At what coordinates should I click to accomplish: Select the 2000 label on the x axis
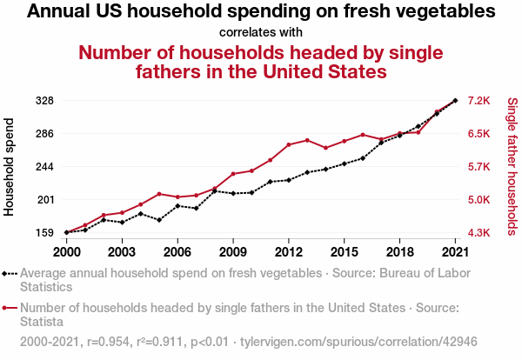66,251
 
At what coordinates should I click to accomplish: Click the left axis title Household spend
10,166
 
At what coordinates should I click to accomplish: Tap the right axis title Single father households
512,166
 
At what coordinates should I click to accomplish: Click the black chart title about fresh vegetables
261,12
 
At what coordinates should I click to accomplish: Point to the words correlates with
261,32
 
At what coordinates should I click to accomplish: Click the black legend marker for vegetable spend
10,273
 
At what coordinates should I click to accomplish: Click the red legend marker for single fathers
10,307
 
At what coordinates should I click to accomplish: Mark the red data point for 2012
289,144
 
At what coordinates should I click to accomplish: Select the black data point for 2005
159,220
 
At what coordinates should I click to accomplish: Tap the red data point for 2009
233,174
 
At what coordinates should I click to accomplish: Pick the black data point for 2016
363,158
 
